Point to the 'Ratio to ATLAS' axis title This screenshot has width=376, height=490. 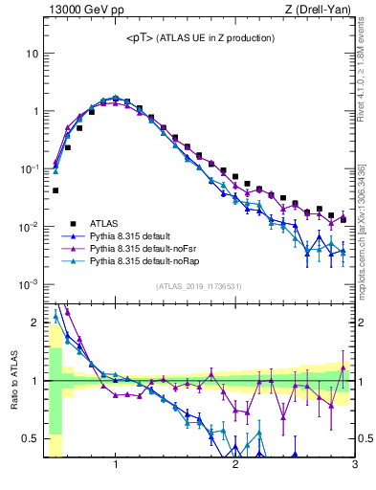12,381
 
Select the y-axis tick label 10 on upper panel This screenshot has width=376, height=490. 32,54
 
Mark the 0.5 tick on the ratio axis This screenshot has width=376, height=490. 31,438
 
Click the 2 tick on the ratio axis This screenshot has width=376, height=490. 35,323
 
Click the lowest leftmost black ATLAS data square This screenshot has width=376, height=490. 55,190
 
